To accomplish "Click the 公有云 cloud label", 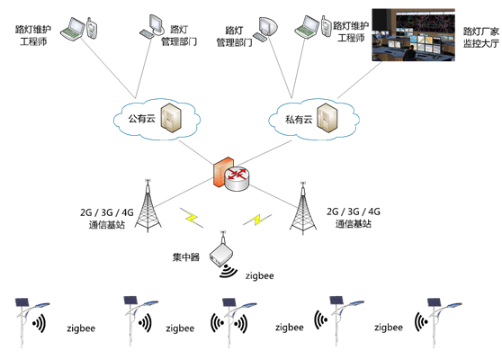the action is (x=141, y=119).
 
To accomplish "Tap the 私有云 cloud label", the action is (x=299, y=120).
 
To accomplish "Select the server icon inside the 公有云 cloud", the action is (x=171, y=118).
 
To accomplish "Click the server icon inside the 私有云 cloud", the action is (x=327, y=118).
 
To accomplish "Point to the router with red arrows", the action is (x=238, y=179).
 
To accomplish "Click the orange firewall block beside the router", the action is (x=221, y=171).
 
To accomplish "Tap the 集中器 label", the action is (x=186, y=256).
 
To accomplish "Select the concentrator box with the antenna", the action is (x=221, y=250).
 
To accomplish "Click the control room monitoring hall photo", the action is (x=413, y=34).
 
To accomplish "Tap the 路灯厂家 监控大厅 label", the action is (x=481, y=37).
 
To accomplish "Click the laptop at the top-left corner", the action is (x=73, y=29).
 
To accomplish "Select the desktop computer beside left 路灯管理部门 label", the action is (x=152, y=26).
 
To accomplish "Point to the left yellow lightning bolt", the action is (x=192, y=218).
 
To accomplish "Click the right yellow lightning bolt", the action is (x=257, y=220).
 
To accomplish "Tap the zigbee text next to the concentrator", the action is (x=260, y=275).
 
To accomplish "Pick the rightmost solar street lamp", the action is (x=440, y=322).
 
